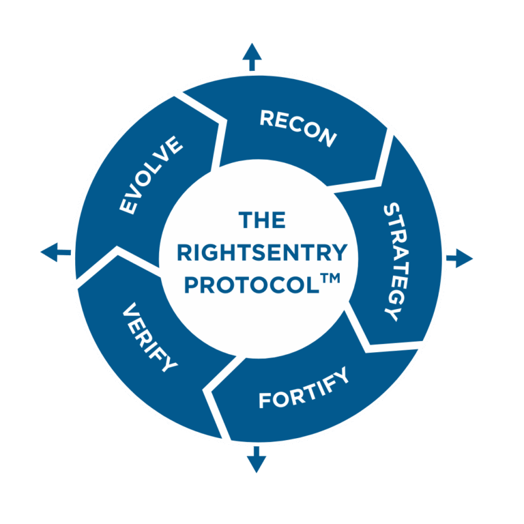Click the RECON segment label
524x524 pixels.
pos(298,128)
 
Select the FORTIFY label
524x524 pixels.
pos(304,388)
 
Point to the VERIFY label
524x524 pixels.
pos(149,337)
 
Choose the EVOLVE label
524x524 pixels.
pos(151,175)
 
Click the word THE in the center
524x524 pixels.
pos(262,220)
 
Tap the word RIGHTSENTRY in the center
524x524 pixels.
pos(262,252)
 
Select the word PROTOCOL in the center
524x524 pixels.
pos(252,285)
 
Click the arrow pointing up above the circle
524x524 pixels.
pos(252,57)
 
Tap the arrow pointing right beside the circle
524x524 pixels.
pos(459,258)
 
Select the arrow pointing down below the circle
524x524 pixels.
pos(257,459)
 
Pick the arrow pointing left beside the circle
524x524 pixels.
pos(55,252)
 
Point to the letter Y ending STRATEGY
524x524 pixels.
pos(392,314)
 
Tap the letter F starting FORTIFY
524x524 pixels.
pos(265,401)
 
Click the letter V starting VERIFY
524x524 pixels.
pos(130,310)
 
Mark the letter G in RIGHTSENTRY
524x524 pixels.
pos(212,252)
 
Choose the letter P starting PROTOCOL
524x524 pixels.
pos(192,285)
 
